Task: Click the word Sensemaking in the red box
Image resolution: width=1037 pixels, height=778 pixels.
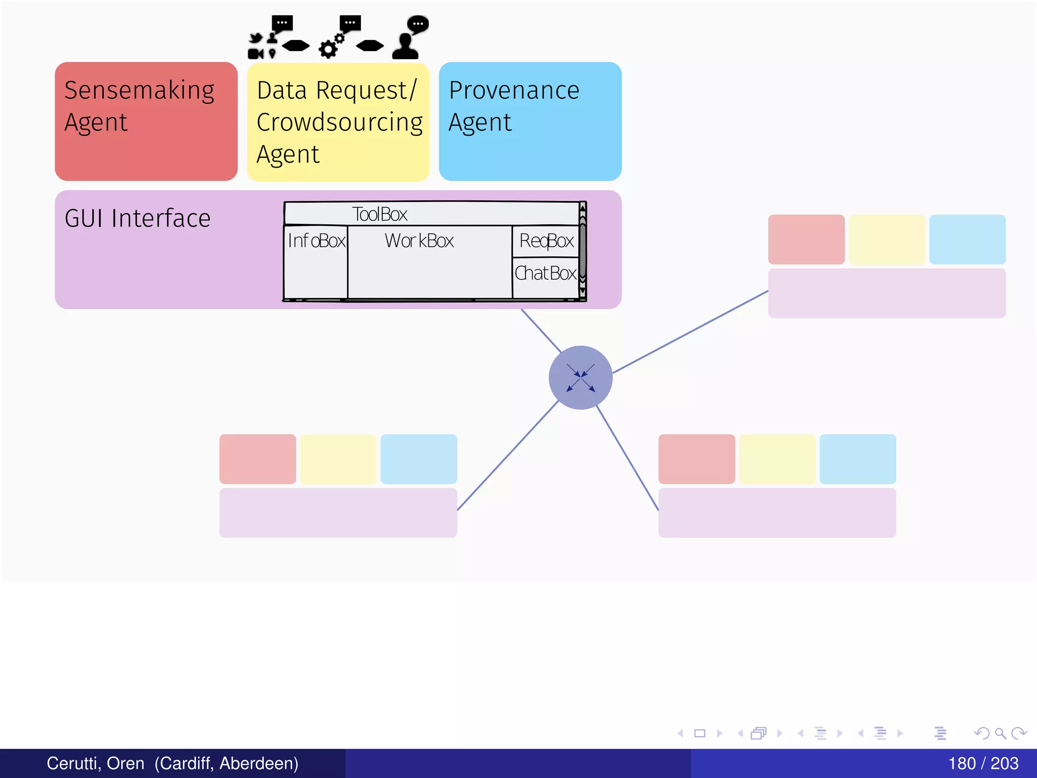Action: pyautogui.click(x=139, y=91)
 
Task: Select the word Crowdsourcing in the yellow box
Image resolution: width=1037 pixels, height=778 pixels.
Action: pyautogui.click(x=339, y=123)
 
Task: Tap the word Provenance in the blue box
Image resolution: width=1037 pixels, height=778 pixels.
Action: pyautogui.click(x=514, y=91)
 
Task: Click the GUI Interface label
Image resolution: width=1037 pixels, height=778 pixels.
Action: pyautogui.click(x=137, y=219)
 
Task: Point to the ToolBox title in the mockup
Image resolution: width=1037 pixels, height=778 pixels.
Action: pyautogui.click(x=380, y=214)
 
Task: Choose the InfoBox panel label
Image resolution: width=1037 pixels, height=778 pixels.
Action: pyautogui.click(x=316, y=241)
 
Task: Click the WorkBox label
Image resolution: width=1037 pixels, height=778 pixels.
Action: pyautogui.click(x=419, y=241)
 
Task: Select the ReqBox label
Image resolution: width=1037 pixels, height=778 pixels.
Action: pyautogui.click(x=546, y=241)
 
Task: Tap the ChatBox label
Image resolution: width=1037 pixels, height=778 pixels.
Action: pyautogui.click(x=545, y=274)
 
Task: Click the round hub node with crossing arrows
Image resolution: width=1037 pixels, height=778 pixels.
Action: pyautogui.click(x=580, y=378)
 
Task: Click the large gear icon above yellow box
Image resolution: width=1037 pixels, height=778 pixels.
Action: pyautogui.click(x=328, y=49)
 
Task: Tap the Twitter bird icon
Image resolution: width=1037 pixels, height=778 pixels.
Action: pyautogui.click(x=256, y=38)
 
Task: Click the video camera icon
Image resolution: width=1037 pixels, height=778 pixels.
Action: pyautogui.click(x=255, y=54)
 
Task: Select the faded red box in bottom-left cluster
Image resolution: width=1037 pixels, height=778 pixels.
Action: pyautogui.click(x=257, y=459)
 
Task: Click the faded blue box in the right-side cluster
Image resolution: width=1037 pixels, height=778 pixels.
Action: pyautogui.click(x=967, y=240)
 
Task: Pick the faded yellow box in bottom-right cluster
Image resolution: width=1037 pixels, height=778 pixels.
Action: pyautogui.click(x=777, y=459)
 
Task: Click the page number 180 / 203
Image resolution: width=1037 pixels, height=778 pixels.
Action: pyautogui.click(x=983, y=763)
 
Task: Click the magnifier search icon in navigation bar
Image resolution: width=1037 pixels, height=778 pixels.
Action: pyautogui.click(x=1000, y=733)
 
